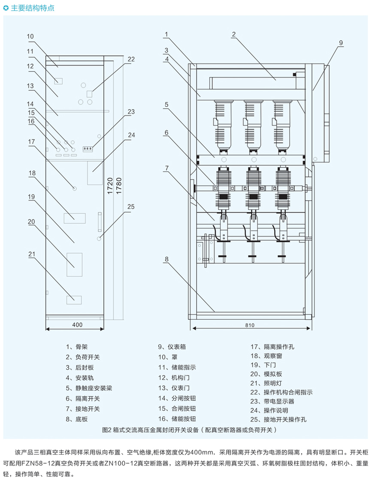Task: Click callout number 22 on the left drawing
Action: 131,59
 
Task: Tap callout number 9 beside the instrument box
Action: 341,42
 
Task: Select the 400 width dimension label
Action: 77,325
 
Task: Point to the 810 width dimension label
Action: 250,325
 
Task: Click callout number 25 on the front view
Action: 131,207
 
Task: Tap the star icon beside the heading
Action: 6,8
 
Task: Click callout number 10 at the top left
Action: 30,36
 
